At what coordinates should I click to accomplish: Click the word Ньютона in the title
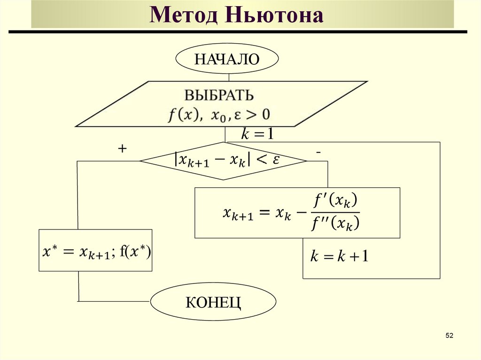click(x=274, y=15)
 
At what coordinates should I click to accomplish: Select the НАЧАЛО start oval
click(x=227, y=60)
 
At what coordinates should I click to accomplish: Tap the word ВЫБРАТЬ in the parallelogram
click(x=219, y=95)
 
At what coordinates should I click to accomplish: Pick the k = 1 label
click(x=257, y=135)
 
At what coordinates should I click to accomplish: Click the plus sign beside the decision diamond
click(x=123, y=149)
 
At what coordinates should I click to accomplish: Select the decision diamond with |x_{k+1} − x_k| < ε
click(x=224, y=161)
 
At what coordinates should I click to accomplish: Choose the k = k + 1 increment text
click(x=339, y=256)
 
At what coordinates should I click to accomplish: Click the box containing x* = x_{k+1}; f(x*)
click(x=95, y=250)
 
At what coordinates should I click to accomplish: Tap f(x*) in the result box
click(x=134, y=252)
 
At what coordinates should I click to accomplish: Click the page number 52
click(x=449, y=336)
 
